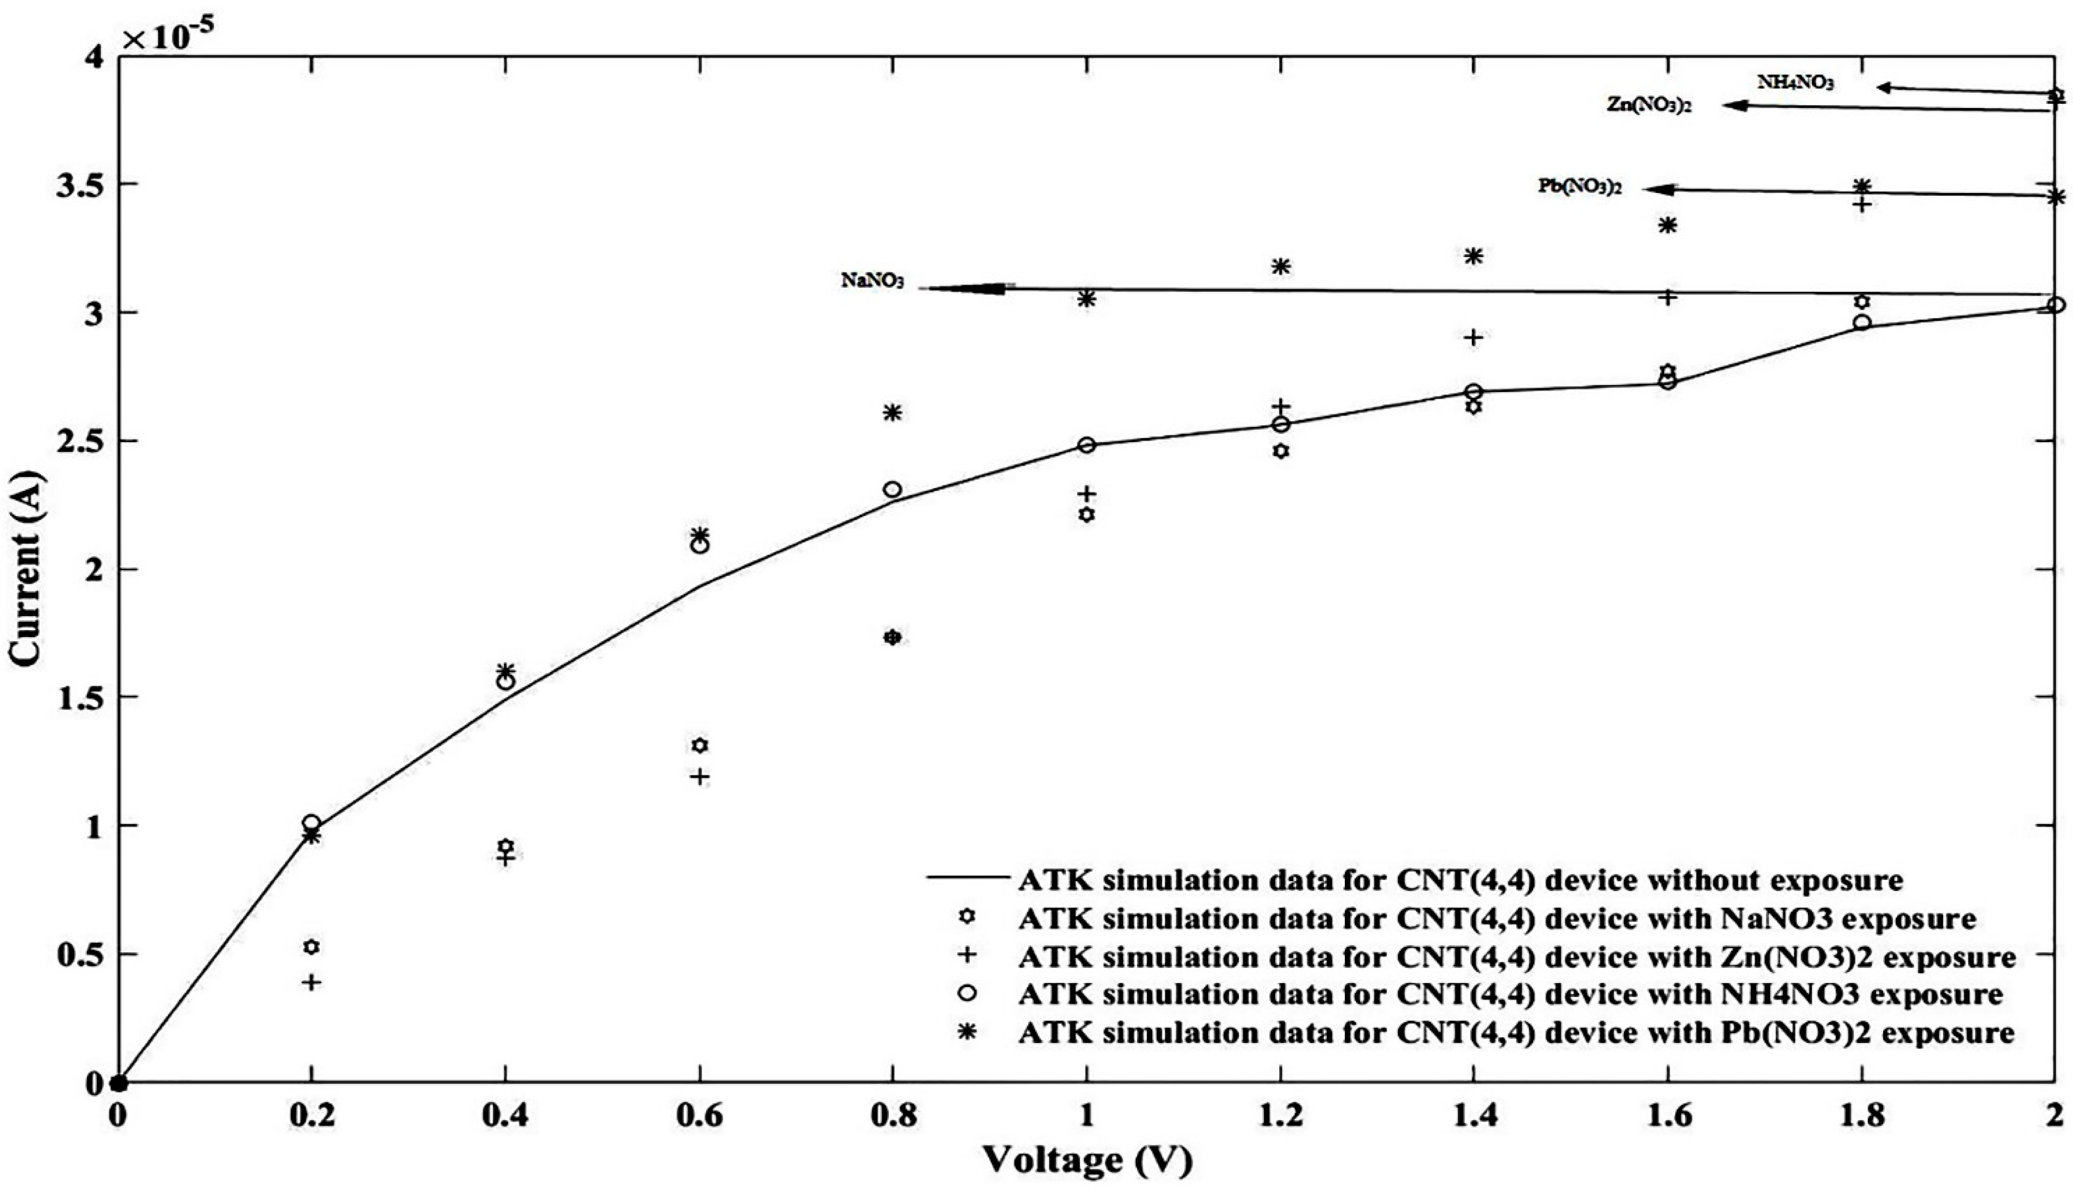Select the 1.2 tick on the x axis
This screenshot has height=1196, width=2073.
pyautogui.click(x=1280, y=1116)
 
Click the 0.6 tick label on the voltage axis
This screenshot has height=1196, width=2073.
pyautogui.click(x=699, y=1116)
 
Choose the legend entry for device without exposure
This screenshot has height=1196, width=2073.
pyautogui.click(x=1460, y=881)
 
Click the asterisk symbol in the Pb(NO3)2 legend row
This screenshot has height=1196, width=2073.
pyautogui.click(x=968, y=1033)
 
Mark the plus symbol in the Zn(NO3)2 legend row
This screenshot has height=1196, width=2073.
pyautogui.click(x=968, y=956)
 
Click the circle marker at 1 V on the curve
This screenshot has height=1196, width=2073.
pyautogui.click(x=1086, y=445)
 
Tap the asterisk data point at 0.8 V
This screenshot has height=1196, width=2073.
pyautogui.click(x=893, y=412)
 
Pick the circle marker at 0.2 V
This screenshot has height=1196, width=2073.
pyautogui.click(x=311, y=823)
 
